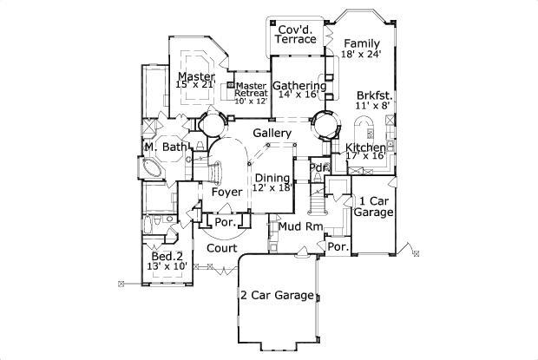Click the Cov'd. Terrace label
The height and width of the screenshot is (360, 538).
(296, 35)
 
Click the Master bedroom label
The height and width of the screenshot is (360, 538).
(195, 76)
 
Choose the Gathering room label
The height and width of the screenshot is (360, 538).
(299, 86)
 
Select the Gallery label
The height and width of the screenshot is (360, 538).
(272, 133)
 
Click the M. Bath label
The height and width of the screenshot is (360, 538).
(165, 147)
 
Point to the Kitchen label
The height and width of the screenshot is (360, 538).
(365, 147)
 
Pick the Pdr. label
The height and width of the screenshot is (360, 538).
(319, 167)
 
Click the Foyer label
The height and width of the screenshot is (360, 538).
(226, 191)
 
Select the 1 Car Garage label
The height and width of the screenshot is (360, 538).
(376, 206)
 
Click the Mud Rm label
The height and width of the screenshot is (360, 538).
(295, 227)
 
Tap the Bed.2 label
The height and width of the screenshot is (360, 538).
(167, 256)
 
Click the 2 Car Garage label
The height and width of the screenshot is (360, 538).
(277, 296)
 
